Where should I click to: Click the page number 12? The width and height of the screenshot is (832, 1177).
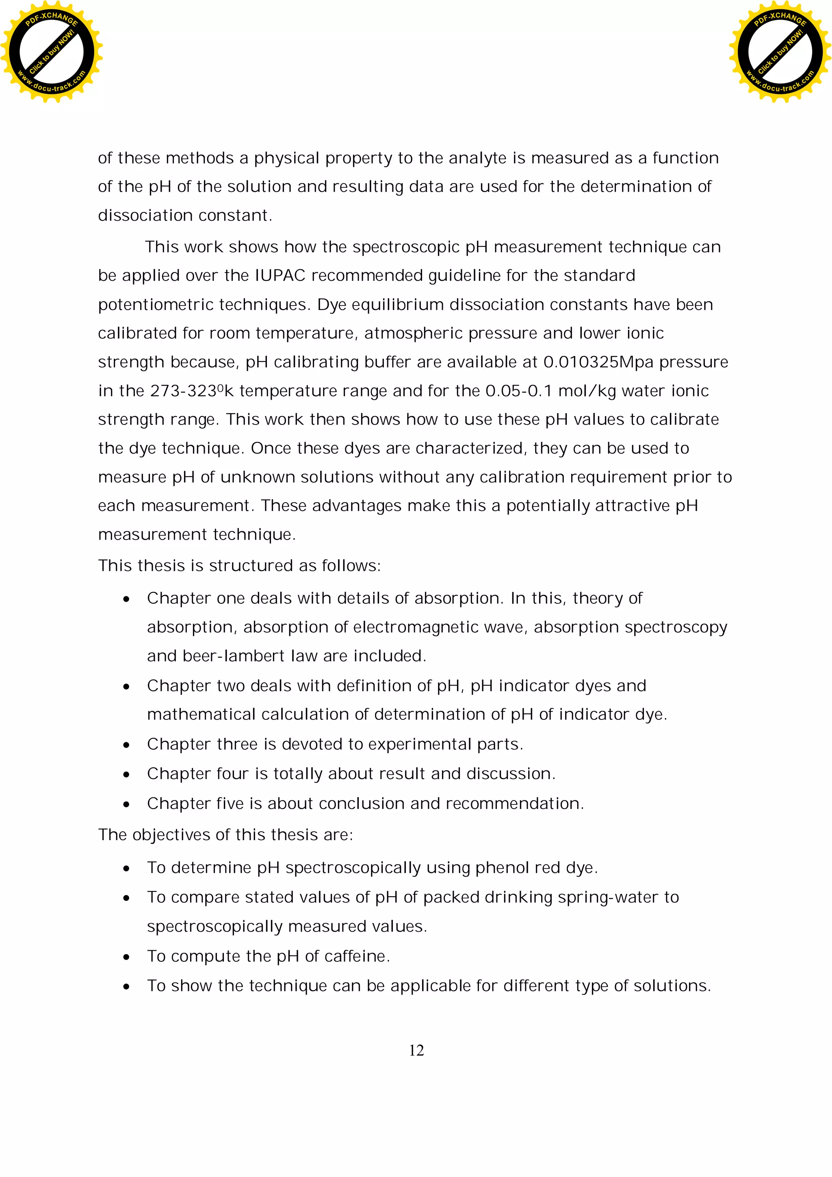(416, 1050)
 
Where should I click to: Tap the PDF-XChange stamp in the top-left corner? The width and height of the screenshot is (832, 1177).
(51, 52)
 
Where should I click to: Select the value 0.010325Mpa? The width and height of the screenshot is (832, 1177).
(598, 362)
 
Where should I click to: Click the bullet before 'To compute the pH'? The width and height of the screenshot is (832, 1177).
(126, 957)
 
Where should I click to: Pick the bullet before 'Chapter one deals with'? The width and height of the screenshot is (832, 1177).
(126, 599)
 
